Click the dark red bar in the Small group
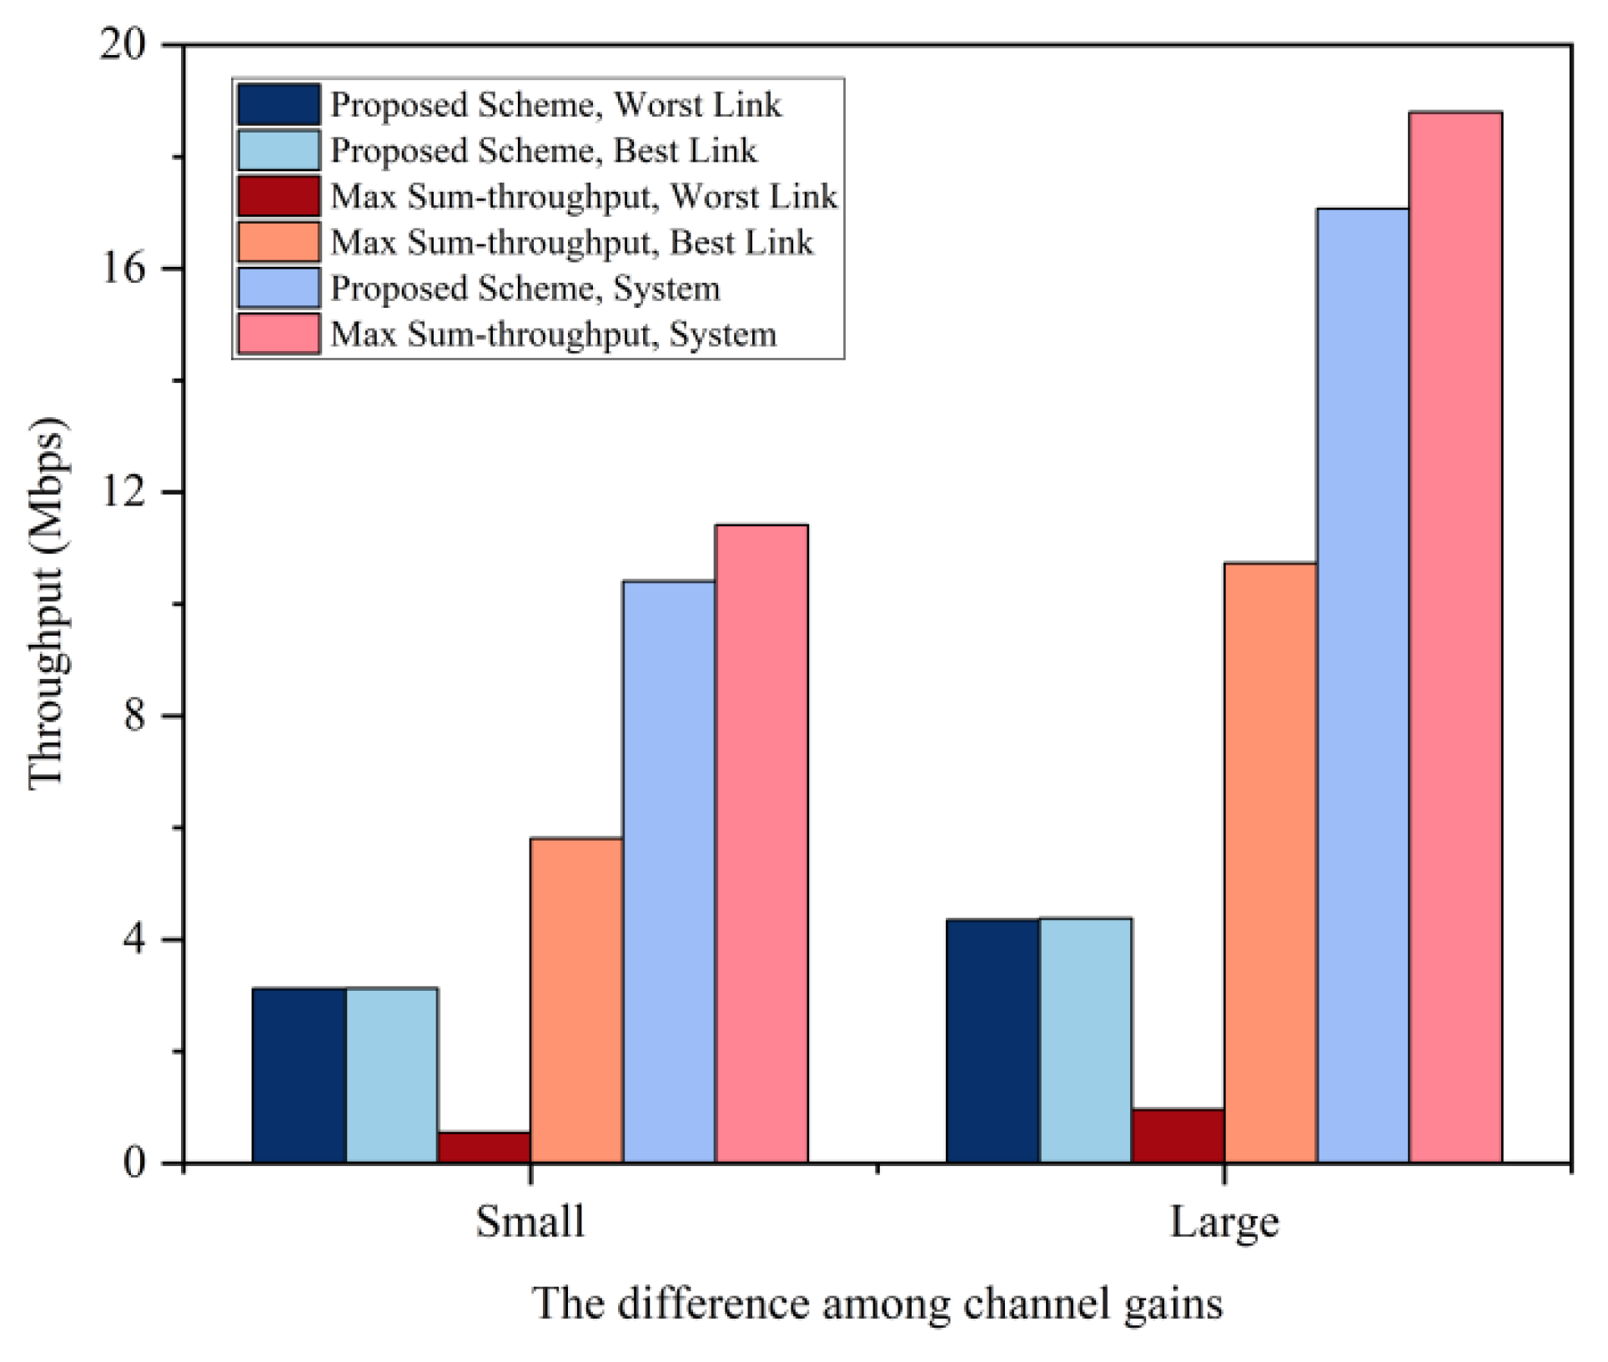point(485,1147)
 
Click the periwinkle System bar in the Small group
point(669,871)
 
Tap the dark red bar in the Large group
point(1178,1135)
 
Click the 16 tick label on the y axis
point(123,269)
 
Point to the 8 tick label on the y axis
point(135,716)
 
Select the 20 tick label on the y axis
point(123,44)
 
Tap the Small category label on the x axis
point(530,1223)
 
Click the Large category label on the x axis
point(1224,1223)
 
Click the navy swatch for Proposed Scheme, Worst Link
point(278,104)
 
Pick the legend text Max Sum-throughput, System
point(553,334)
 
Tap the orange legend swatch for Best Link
point(278,242)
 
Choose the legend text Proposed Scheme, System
point(525,289)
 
